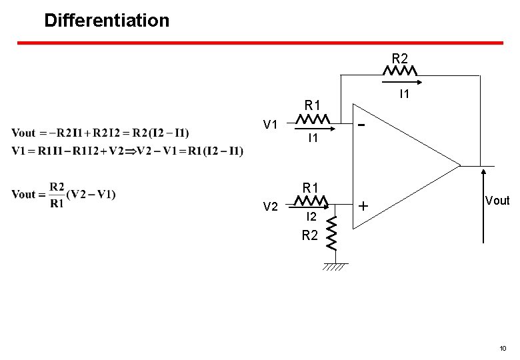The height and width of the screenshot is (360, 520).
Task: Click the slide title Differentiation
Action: tap(107, 20)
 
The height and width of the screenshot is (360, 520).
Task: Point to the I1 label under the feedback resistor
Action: tap(403, 95)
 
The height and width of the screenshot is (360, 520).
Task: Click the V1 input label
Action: tap(270, 124)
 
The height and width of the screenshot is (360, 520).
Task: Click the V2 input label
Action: tap(270, 207)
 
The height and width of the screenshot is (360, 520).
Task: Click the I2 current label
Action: tap(311, 217)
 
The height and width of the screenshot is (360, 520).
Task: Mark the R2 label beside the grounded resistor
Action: tap(309, 235)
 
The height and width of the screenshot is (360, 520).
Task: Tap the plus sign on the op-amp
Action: tap(363, 207)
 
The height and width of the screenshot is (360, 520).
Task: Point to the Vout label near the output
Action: tap(497, 201)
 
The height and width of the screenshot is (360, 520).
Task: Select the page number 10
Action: tap(503, 348)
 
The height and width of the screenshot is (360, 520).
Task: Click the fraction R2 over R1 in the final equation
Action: tap(58, 194)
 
